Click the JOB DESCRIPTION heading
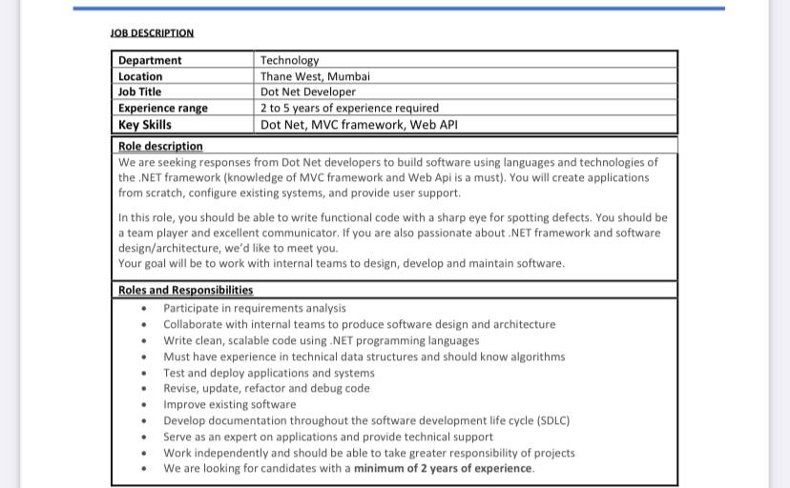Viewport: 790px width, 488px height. coord(152,32)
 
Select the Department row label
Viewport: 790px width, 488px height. coord(150,60)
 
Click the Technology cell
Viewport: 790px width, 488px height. coord(289,60)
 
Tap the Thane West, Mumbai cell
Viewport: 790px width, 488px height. coord(315,76)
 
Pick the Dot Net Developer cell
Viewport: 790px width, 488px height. coord(307,92)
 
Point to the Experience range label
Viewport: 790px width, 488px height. coord(162,108)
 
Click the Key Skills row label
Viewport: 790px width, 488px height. coord(145,124)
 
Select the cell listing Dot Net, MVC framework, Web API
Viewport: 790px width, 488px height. coord(352,124)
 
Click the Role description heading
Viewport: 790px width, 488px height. coord(160,146)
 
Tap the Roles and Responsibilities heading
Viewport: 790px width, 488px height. coord(185,290)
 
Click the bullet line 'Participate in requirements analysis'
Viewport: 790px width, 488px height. coord(255,308)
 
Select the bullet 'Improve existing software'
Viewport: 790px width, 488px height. coord(229,404)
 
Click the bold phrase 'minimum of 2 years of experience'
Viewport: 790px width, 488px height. coord(443,468)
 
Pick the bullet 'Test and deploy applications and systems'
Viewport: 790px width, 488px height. coord(268,373)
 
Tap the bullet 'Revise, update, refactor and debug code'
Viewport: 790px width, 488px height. coord(266,388)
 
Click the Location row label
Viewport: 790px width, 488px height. coord(140,76)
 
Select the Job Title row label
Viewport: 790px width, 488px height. coord(139,92)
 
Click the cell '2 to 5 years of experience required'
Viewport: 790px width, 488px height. coord(349,108)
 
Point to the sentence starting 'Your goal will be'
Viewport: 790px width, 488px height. coord(341,263)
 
